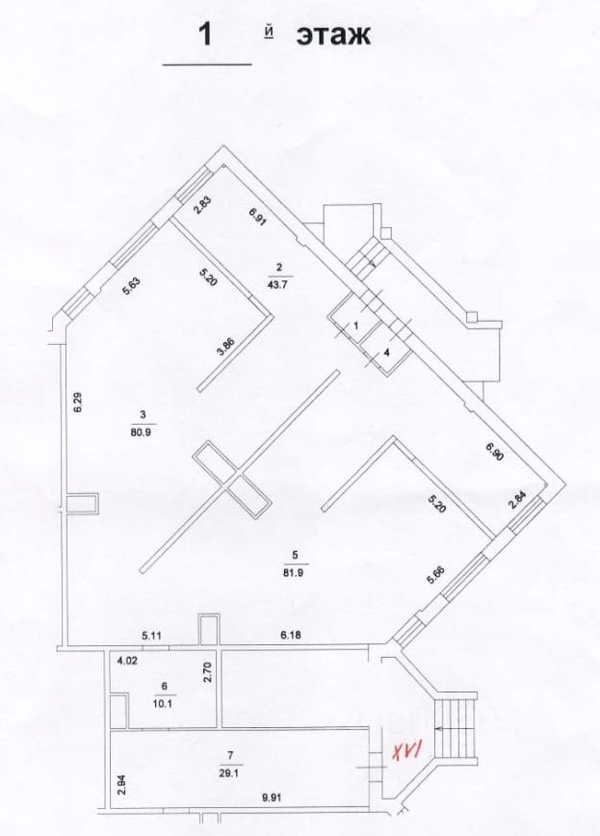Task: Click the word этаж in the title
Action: point(333,36)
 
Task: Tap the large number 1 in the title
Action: point(204,35)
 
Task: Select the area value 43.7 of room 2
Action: point(279,282)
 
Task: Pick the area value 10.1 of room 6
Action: point(164,701)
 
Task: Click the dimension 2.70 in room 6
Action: point(207,671)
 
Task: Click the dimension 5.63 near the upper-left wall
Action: point(132,285)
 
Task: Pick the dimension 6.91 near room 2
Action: point(257,218)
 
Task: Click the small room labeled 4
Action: point(387,353)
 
